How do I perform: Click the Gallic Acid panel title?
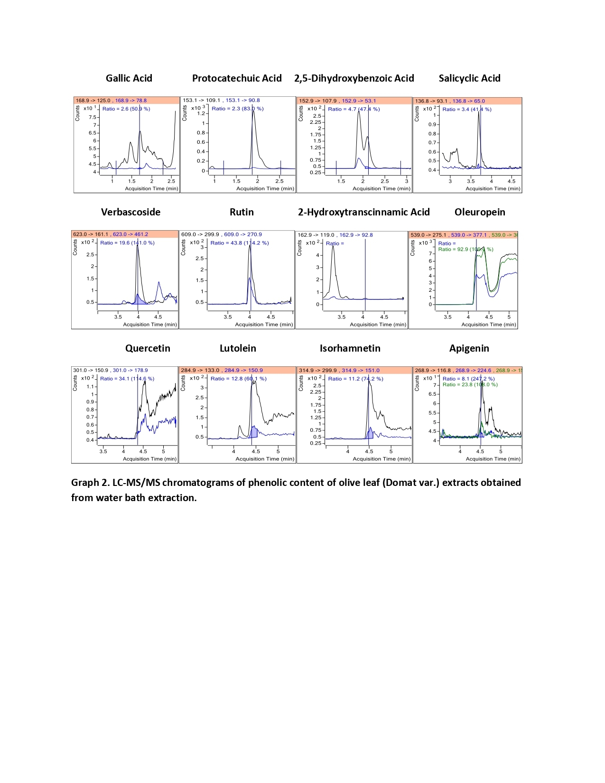pyautogui.click(x=129, y=78)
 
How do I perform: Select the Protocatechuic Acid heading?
pyautogui.click(x=237, y=78)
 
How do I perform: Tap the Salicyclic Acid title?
pyautogui.click(x=469, y=78)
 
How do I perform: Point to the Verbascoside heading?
pyautogui.click(x=130, y=212)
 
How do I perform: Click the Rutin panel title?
pyautogui.click(x=242, y=212)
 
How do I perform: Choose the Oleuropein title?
pyautogui.click(x=480, y=212)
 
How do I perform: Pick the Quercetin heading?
pyautogui.click(x=148, y=348)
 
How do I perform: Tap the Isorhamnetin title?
pyautogui.click(x=350, y=348)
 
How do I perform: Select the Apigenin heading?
pyautogui.click(x=469, y=348)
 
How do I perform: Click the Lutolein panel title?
pyautogui.click(x=238, y=348)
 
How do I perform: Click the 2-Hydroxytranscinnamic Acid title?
pyautogui.click(x=363, y=212)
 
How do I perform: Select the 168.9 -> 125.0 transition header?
pyautogui.click(x=93, y=101)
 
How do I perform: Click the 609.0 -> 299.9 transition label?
pyautogui.click(x=200, y=234)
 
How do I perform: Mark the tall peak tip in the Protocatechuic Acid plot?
pyautogui.click(x=253, y=112)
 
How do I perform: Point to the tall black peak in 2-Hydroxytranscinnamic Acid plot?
pyautogui.click(x=333, y=246)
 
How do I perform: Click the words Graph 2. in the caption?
pyautogui.click(x=90, y=483)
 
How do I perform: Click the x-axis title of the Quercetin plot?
pyautogui.click(x=149, y=459)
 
